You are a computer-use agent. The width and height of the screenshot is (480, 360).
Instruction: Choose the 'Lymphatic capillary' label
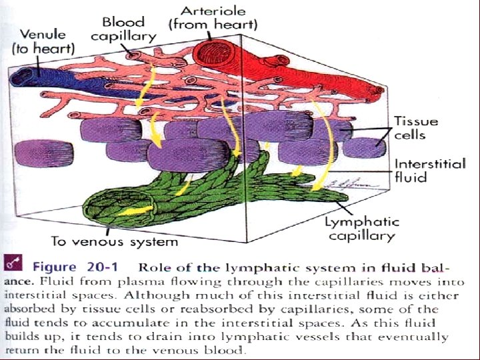(361, 229)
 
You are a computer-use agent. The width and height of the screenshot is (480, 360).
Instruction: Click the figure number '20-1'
(99, 267)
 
